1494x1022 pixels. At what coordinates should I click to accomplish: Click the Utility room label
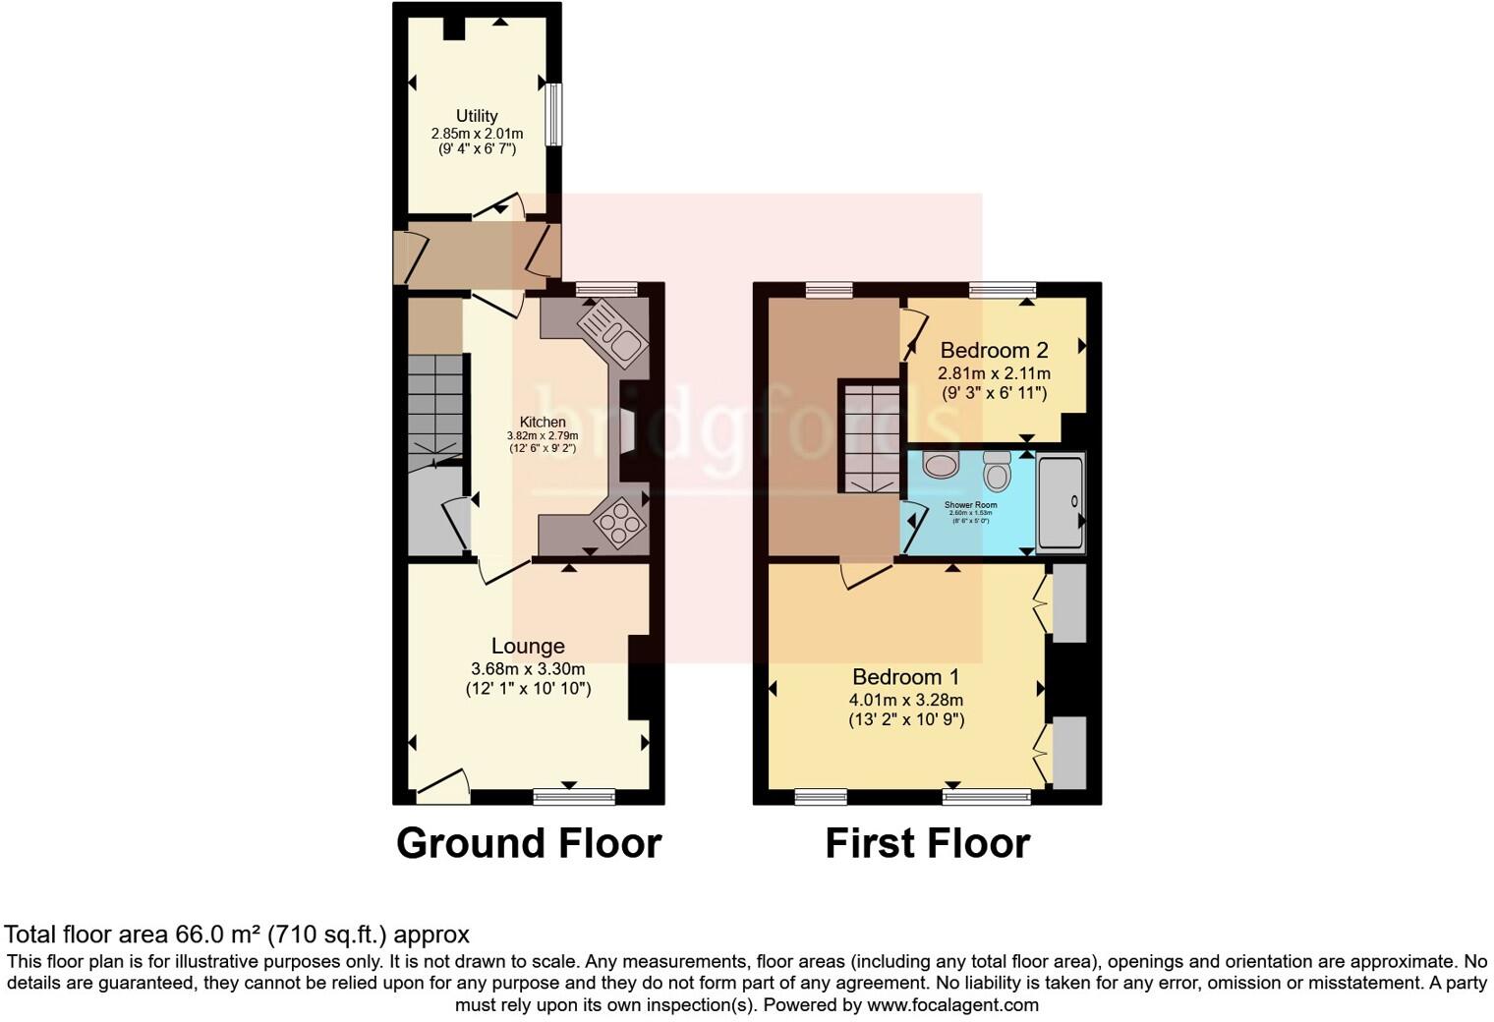477,116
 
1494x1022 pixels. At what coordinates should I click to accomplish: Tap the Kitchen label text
543,423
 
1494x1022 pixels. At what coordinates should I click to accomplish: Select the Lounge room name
528,646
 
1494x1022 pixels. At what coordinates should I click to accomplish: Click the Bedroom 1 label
905,677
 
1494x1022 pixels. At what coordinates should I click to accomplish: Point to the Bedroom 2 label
994,350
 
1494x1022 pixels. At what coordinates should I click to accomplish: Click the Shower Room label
971,505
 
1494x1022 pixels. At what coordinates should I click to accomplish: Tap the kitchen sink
613,331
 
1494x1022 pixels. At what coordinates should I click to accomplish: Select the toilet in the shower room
997,472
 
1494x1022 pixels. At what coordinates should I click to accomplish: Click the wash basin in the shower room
941,464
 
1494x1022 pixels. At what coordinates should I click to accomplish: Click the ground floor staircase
434,405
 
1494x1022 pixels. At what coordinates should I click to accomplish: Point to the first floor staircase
869,437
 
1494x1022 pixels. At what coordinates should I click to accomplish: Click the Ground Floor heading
529,843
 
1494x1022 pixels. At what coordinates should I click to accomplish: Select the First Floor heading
927,843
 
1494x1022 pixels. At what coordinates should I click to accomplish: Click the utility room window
555,115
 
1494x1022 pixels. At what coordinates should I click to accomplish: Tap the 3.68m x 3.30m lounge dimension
528,668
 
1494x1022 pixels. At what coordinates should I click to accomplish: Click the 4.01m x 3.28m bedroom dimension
905,700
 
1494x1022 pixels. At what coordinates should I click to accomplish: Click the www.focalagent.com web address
951,1005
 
